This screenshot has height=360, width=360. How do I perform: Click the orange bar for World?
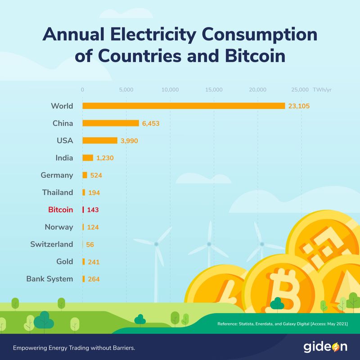point(184,106)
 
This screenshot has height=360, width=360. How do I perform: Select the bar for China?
point(111,123)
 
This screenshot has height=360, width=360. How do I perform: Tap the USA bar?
point(99,140)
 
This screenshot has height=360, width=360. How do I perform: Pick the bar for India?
point(88,158)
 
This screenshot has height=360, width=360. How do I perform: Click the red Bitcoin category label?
point(60,210)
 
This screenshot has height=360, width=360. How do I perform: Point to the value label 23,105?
point(299,106)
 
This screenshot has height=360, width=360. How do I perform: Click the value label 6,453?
point(151,123)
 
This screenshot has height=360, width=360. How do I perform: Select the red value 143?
point(93,210)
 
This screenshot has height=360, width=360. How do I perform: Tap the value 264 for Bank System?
point(94,279)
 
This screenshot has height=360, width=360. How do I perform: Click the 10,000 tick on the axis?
point(170,90)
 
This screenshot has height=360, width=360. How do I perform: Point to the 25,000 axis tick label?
point(300,90)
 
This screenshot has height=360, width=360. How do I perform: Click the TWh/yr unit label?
point(322,90)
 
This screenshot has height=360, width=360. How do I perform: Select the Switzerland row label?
point(51,244)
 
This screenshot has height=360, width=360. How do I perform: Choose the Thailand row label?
point(58,193)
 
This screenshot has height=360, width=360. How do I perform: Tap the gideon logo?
point(325,347)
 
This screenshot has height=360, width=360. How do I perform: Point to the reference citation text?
point(282,324)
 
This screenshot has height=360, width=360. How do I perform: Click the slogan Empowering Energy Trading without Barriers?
point(74,348)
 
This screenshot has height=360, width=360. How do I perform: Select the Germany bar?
point(85,175)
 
